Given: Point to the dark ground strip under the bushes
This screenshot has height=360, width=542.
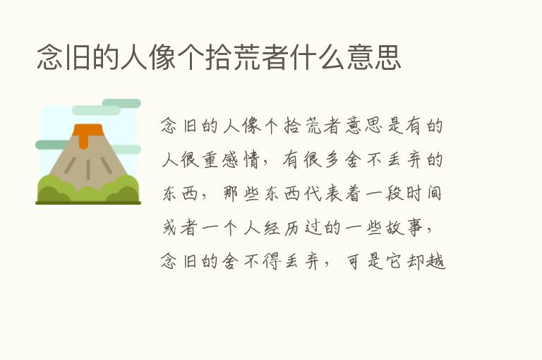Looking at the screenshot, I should (88, 202).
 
